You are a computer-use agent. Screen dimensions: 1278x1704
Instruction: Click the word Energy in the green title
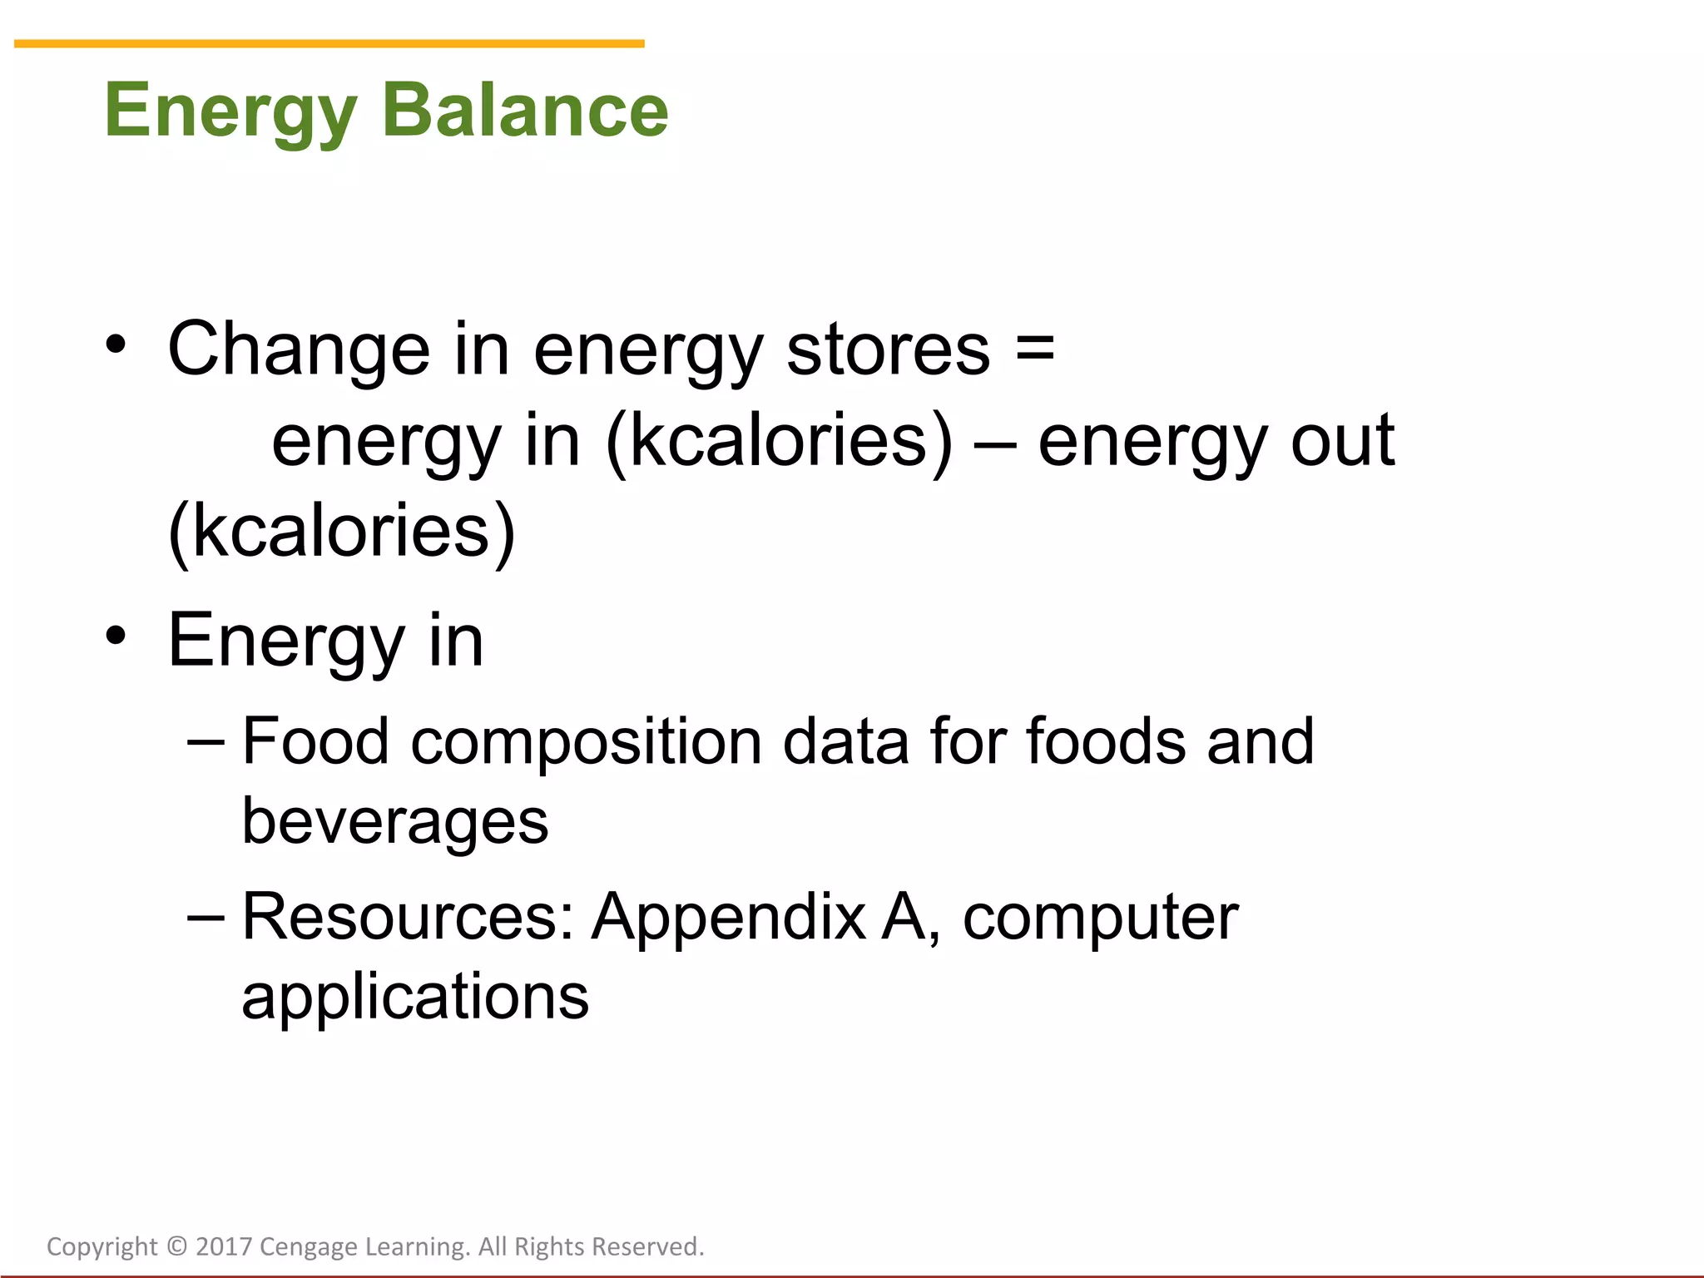click(230, 112)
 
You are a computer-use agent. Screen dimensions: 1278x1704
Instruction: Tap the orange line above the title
click(329, 43)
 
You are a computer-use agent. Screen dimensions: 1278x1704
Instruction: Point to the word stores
click(888, 349)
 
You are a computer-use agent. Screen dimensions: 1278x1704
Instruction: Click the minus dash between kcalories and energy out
click(994, 443)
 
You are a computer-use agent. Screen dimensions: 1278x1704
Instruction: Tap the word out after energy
click(1342, 441)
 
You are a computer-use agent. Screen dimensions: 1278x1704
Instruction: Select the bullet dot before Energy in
click(116, 637)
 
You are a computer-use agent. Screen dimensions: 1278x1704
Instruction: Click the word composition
click(586, 743)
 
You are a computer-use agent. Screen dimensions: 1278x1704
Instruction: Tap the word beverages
click(395, 822)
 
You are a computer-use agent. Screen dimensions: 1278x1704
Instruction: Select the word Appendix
click(729, 919)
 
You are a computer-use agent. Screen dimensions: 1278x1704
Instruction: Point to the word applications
click(415, 998)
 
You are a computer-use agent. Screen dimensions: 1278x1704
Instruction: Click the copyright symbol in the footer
click(176, 1246)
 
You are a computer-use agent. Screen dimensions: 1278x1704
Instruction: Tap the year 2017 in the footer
click(223, 1246)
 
